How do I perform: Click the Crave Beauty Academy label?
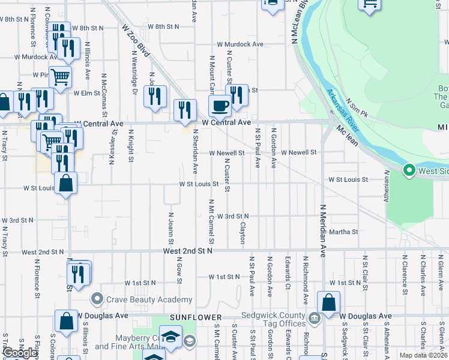pos(149,299)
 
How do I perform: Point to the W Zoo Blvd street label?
pos(134,40)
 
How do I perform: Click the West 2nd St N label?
pos(188,250)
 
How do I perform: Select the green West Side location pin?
pos(409,171)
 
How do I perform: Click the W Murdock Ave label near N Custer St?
pos(240,44)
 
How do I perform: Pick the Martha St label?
pos(343,232)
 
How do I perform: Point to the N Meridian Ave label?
pos(322,230)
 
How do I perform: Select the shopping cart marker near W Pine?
pos(61,76)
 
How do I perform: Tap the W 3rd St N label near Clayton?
pos(232,216)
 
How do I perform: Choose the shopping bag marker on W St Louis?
pos(65,183)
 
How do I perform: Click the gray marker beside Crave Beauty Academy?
pos(97,299)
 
